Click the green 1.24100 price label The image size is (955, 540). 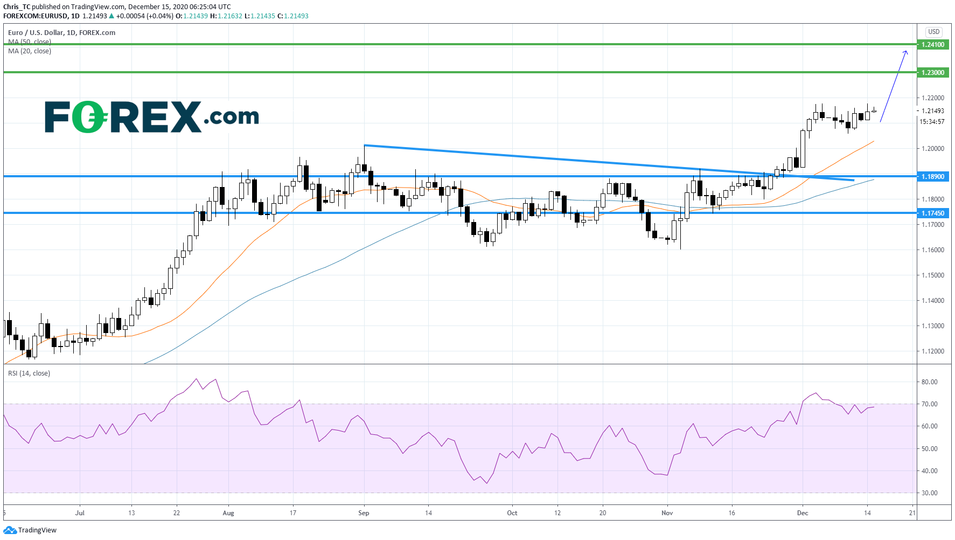[x=932, y=45]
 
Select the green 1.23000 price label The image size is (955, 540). [x=932, y=73]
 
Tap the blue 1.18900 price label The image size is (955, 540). [x=932, y=177]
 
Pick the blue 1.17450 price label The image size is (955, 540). [x=932, y=213]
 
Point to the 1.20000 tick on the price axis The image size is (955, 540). [x=932, y=149]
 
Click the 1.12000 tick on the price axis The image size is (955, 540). [x=932, y=351]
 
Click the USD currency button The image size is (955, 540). [x=933, y=32]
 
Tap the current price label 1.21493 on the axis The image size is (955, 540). [x=932, y=111]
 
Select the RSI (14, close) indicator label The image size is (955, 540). [x=29, y=373]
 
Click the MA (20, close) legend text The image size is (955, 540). [x=30, y=51]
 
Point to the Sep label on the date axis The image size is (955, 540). [x=364, y=513]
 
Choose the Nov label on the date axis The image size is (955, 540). [x=667, y=513]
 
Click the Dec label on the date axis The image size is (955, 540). [x=803, y=513]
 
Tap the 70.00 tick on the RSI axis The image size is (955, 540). [x=929, y=404]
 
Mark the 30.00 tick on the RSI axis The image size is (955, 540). [x=929, y=493]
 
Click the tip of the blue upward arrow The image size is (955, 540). [x=907, y=51]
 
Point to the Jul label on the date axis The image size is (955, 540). [x=80, y=513]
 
